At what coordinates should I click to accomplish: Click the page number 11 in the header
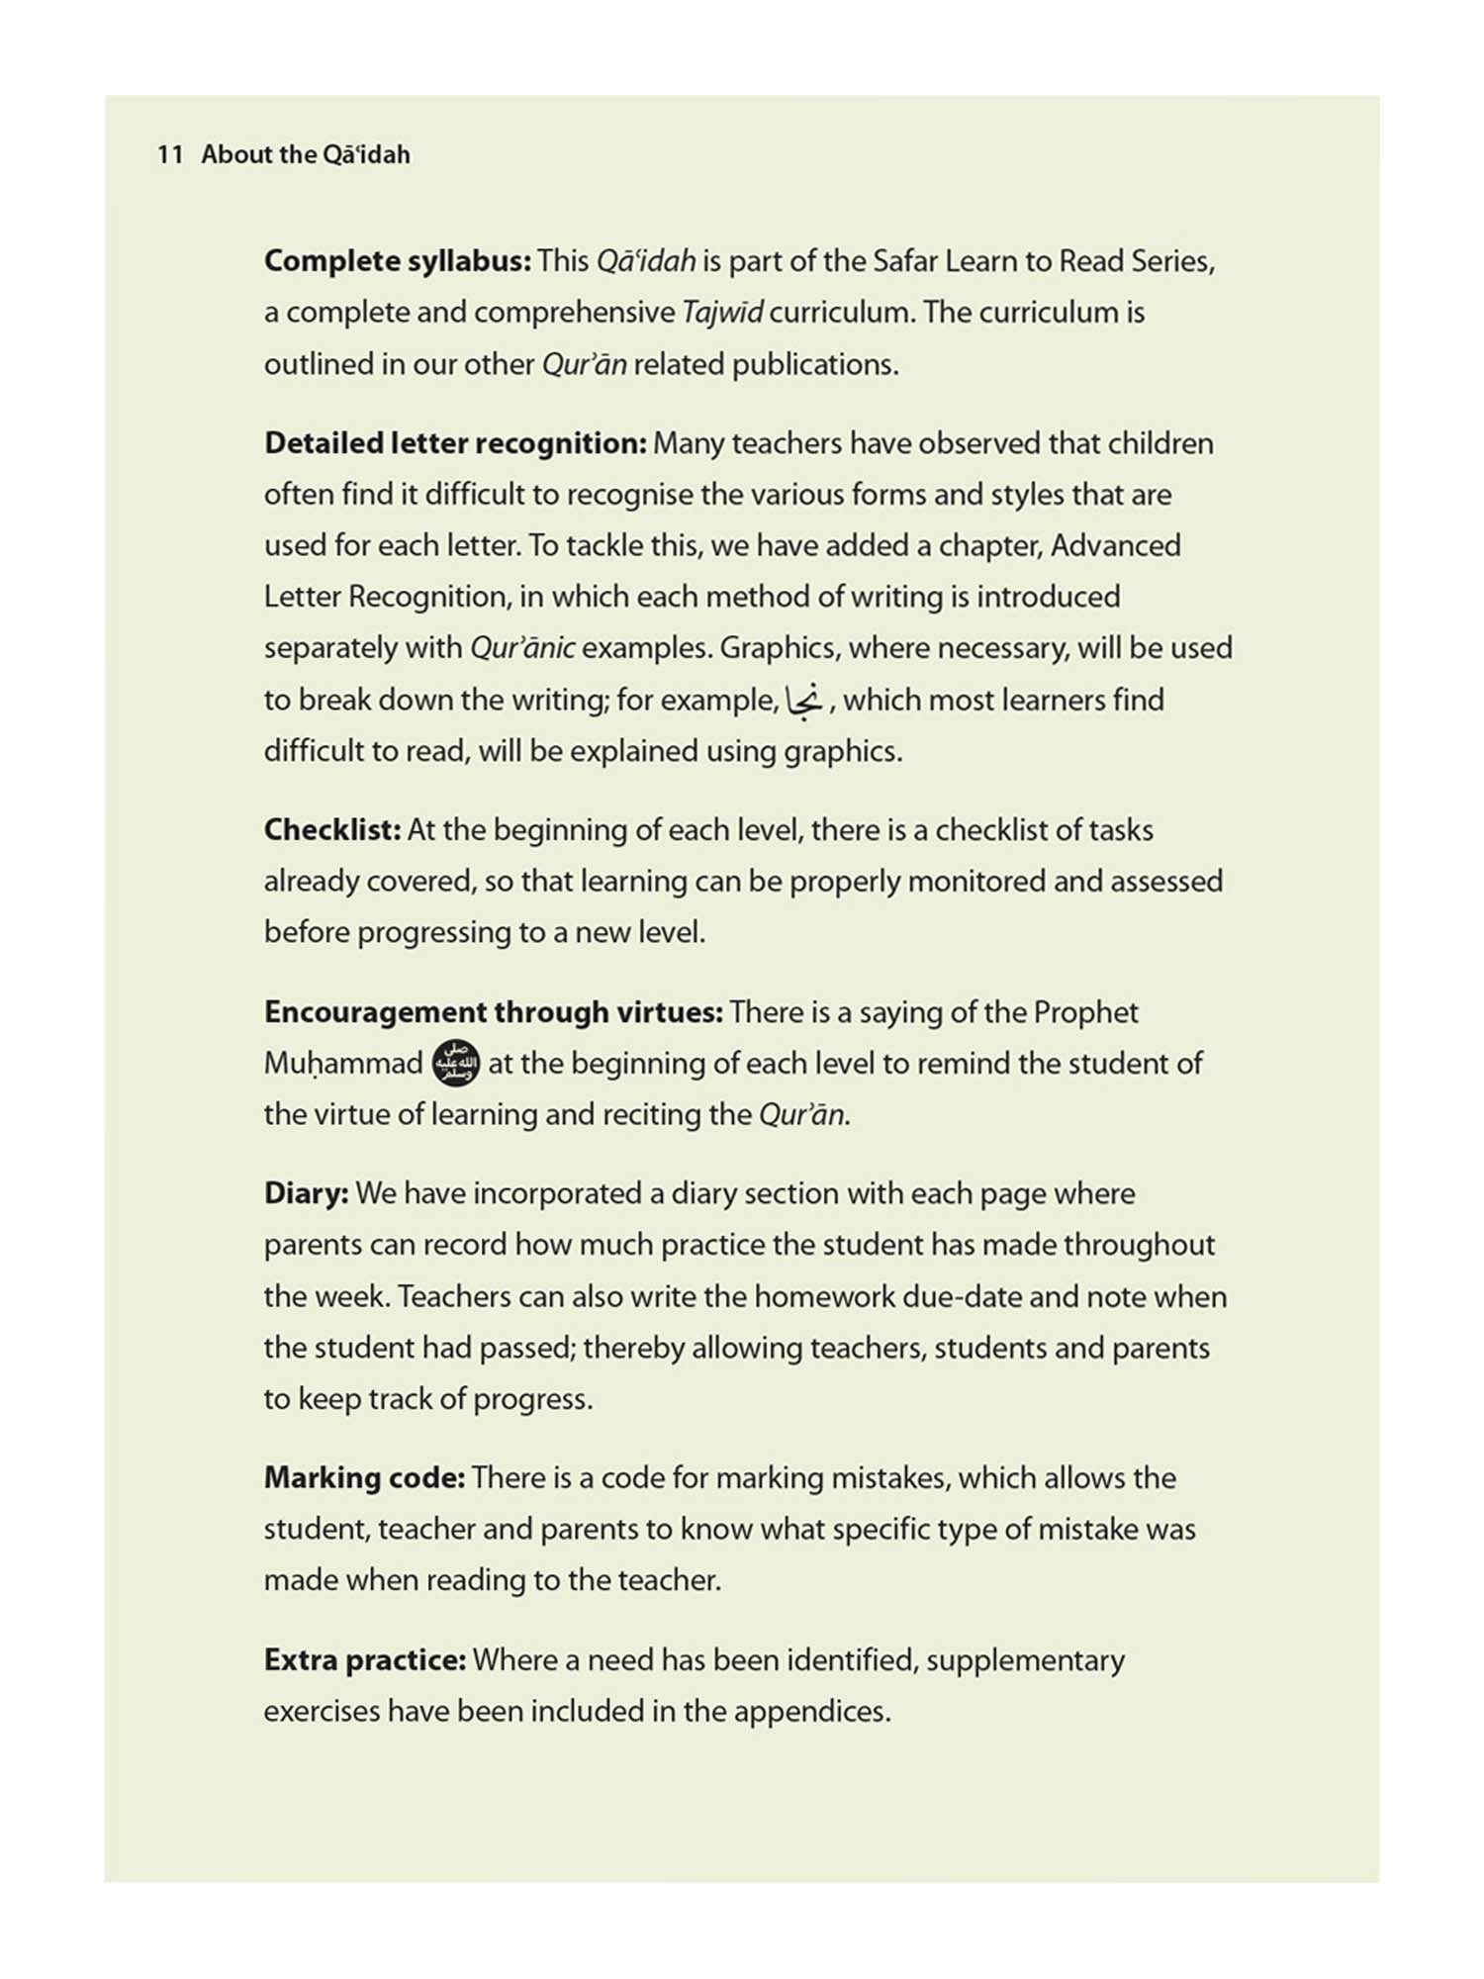pos(169,154)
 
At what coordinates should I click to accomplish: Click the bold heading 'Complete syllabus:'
pos(398,261)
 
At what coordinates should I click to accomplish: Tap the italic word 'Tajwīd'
pos(722,313)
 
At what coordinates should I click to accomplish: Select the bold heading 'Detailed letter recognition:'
pos(455,443)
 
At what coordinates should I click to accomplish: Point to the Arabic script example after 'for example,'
pos(804,700)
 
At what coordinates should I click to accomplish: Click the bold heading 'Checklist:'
pos(332,830)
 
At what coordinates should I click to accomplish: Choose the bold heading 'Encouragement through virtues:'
pos(493,1012)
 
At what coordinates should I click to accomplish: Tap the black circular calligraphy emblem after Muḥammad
pos(457,1064)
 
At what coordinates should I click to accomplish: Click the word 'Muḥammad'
pos(343,1064)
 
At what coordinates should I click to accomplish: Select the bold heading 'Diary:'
pos(306,1193)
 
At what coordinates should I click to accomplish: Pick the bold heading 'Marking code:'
pos(364,1477)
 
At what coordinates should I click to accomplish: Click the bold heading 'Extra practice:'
pos(364,1659)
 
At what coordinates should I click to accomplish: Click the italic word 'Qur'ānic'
pos(522,648)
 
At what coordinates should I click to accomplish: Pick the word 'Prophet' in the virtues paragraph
pos(1085,1012)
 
